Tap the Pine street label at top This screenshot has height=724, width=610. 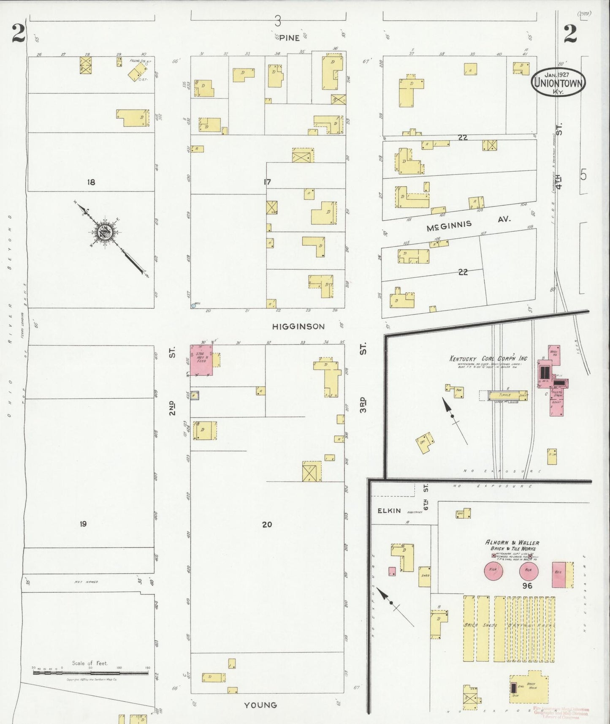289,38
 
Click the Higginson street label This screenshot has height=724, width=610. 298,327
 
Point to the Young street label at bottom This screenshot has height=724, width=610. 261,705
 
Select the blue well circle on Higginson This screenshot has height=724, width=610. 193,305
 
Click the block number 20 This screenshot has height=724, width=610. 267,524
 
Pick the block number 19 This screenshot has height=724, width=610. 83,524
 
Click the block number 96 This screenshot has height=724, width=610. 527,585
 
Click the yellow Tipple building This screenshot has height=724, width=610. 508,395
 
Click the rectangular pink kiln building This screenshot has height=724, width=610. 559,574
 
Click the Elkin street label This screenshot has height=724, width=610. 389,511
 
